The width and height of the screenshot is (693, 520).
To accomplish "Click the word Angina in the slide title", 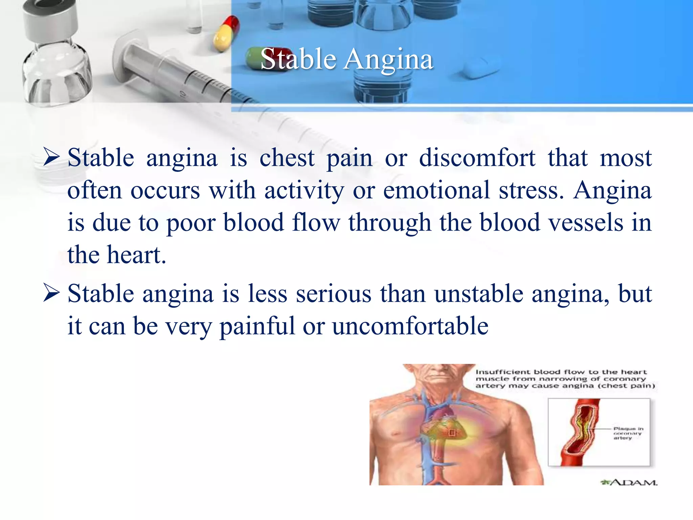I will (x=389, y=60).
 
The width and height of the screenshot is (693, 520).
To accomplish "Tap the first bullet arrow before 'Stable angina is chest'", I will (x=52, y=158).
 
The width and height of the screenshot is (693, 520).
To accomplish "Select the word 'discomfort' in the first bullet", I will (x=477, y=158).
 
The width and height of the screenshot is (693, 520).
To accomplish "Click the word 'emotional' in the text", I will (x=437, y=190).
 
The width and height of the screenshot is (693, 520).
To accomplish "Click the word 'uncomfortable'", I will (x=410, y=326).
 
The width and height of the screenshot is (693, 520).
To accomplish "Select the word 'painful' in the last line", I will (x=257, y=326).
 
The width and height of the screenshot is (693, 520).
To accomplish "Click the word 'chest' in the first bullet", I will (x=287, y=158).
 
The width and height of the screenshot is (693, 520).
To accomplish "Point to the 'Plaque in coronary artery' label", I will (x=628, y=433).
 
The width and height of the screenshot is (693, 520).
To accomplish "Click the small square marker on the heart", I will (x=452, y=433).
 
